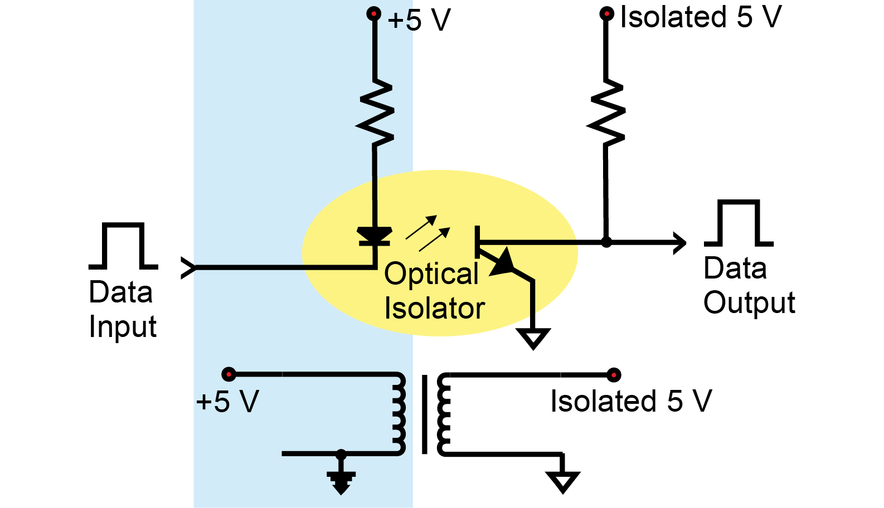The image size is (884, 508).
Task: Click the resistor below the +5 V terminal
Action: click(x=375, y=114)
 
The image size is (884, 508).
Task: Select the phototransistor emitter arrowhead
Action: click(x=504, y=262)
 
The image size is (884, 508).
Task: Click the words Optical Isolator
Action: click(x=434, y=291)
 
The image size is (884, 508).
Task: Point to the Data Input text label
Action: click(x=122, y=309)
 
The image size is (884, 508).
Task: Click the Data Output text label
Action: click(x=749, y=286)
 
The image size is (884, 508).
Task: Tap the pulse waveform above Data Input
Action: click(x=123, y=246)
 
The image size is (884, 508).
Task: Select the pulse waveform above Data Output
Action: click(x=739, y=223)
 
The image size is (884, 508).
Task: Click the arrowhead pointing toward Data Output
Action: click(x=679, y=243)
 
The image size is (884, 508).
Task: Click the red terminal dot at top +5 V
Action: click(x=373, y=13)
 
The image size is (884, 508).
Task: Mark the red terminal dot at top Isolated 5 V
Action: click(x=606, y=13)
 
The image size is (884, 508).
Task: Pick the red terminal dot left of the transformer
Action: click(x=229, y=374)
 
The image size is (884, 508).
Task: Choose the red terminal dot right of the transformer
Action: click(x=614, y=374)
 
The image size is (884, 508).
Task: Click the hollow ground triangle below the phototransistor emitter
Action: click(x=533, y=337)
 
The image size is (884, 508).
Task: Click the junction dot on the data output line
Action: click(x=606, y=242)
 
